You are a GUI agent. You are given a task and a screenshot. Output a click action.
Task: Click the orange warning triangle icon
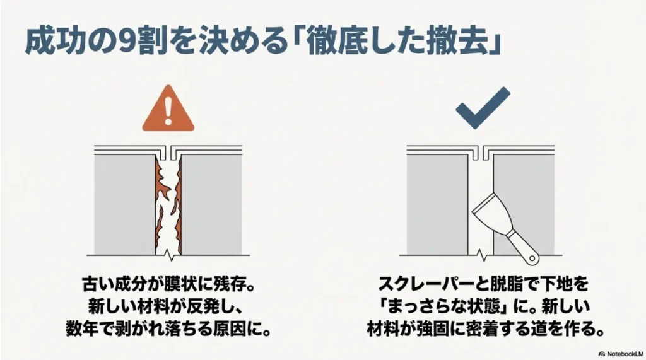click(167, 111)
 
